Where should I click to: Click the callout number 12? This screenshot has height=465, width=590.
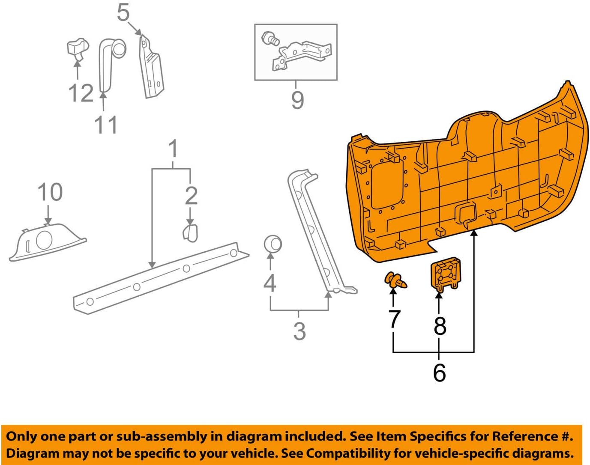81,93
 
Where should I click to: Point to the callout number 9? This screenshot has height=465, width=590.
297,100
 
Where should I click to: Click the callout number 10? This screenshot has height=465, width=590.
50,192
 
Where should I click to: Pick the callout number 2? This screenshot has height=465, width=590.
191,195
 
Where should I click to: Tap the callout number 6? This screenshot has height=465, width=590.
439,373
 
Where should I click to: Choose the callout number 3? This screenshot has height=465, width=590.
299,331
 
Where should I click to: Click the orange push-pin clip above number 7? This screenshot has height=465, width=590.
395,280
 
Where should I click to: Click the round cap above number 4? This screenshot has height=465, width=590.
273,244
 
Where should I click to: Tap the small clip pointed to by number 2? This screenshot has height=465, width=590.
190,232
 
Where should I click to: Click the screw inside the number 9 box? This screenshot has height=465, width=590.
271,39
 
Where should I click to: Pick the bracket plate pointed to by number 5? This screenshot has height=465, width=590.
151,69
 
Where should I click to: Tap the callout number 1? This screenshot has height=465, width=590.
173,149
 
